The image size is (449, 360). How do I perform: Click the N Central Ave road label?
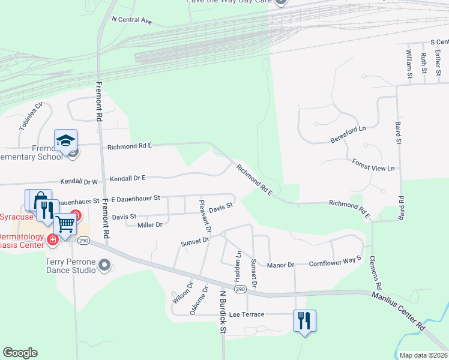click(x=132, y=20)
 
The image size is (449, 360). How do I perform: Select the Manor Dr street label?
click(x=280, y=265)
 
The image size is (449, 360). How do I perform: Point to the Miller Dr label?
click(x=150, y=224)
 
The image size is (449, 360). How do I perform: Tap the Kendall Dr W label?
click(x=79, y=181)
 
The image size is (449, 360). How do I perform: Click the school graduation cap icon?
click(x=65, y=141)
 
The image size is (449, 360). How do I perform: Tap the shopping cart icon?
click(x=65, y=225)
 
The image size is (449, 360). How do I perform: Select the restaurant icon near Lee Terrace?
click(x=304, y=320)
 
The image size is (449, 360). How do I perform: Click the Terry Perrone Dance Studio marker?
click(x=104, y=265)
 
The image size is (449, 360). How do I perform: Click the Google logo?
click(x=20, y=353)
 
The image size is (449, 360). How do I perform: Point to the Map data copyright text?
click(x=424, y=355)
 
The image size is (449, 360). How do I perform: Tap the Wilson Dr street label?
click(x=181, y=292)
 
